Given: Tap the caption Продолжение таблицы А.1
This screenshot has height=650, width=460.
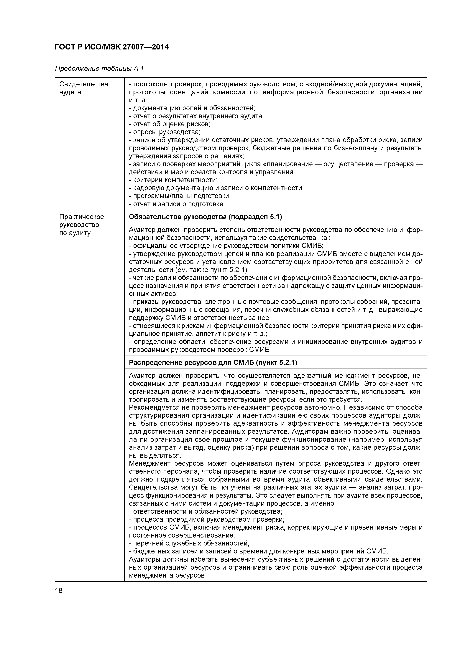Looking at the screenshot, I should tap(99, 69).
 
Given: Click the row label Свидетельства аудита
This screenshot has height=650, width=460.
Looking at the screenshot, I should tap(84, 88).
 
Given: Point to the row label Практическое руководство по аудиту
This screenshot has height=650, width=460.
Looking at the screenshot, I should tap(81, 225).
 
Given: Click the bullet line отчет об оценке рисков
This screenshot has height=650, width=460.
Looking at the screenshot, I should tap(170, 124).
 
